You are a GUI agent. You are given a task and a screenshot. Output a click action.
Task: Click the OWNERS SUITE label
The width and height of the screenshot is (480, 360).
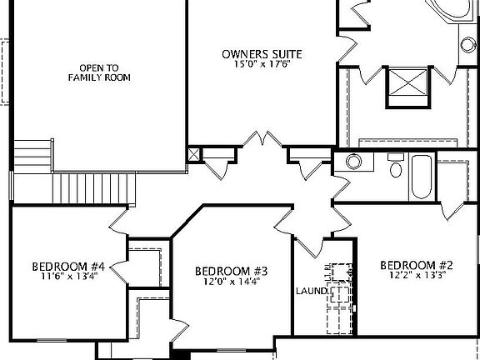[262, 54]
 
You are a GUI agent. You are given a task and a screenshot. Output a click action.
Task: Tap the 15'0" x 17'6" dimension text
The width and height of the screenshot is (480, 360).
[262, 66]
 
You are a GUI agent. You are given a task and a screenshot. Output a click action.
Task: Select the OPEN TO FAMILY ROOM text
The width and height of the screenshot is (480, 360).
[100, 72]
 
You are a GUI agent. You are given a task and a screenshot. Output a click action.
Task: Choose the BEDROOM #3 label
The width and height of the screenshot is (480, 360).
[231, 271]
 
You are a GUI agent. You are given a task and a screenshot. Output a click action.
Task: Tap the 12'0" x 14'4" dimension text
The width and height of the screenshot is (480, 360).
[231, 282]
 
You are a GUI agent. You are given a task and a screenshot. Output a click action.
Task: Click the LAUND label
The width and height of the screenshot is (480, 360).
[310, 292]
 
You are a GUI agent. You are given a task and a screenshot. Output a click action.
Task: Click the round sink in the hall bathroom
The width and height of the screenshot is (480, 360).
[354, 161]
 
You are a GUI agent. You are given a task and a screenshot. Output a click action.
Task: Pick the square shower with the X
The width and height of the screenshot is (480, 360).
[407, 84]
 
